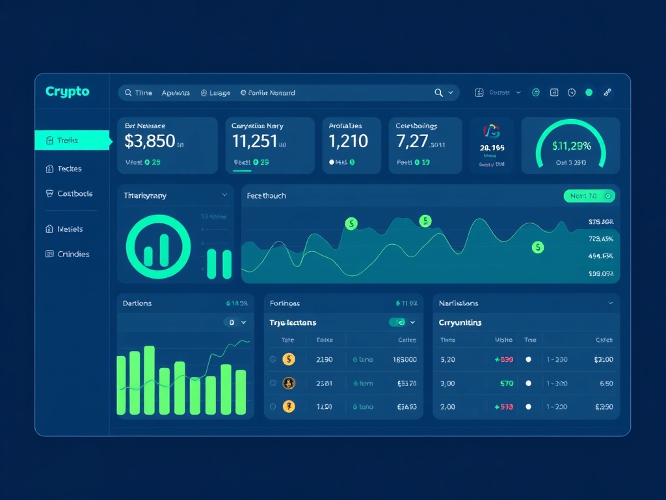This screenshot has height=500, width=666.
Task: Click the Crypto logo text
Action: point(68,92)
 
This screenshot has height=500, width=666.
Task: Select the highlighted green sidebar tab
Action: point(72,140)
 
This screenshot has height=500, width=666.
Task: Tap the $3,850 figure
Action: point(150,141)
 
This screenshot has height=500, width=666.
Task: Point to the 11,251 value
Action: point(254,141)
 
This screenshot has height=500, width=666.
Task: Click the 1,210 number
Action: point(348,141)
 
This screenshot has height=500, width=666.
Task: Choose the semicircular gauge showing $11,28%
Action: point(570,145)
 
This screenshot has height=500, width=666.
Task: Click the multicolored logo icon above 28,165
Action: point(492,131)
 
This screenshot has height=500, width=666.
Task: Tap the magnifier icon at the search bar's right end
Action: point(439,93)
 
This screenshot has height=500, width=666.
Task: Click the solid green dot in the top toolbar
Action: point(589,92)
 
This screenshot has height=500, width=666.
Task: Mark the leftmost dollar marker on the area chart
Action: point(351,224)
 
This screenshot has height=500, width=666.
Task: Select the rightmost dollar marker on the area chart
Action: point(538,247)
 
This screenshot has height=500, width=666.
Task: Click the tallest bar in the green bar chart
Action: point(149,380)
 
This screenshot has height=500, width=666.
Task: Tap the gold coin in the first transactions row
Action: point(289,359)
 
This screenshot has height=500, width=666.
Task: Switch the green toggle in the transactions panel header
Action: point(397,322)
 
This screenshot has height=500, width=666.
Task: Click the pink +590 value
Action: point(504,359)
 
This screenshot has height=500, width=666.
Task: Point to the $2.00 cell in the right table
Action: point(604,359)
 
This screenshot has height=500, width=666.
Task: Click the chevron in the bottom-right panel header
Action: point(610,303)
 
